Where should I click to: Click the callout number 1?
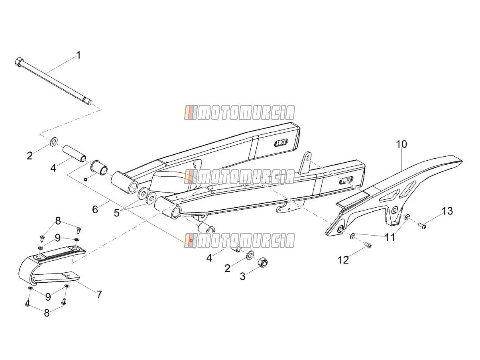pyautogui.click(x=78, y=55)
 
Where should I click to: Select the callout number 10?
pyautogui.click(x=401, y=144)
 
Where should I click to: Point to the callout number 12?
pyautogui.click(x=343, y=260)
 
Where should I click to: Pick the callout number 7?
pyautogui.click(x=99, y=295)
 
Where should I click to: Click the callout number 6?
pyautogui.click(x=95, y=209)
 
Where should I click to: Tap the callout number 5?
pyautogui.click(x=117, y=212)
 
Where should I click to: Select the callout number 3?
pyautogui.click(x=242, y=276)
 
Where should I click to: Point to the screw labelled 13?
pyautogui.click(x=422, y=225)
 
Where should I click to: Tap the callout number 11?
pyautogui.click(x=390, y=237)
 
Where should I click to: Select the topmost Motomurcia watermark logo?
pyautogui.click(x=240, y=112)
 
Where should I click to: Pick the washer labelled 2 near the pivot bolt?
pyautogui.click(x=53, y=142)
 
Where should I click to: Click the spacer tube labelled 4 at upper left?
pyautogui.click(x=75, y=154)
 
